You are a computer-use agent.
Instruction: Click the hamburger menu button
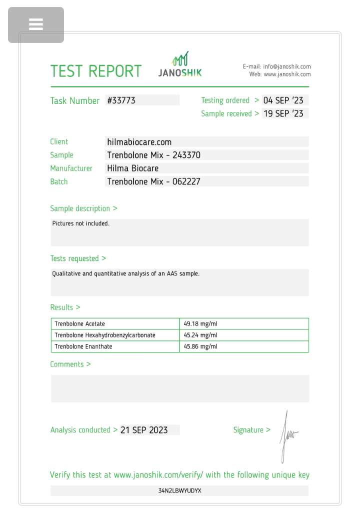(36, 24)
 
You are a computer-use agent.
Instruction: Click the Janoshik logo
(180, 65)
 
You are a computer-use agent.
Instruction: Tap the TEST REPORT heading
(96, 71)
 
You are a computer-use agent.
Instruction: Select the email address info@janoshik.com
(287, 66)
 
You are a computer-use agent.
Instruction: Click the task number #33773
(121, 100)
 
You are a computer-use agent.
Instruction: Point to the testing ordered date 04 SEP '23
(283, 100)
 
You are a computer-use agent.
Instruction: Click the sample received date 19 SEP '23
(283, 113)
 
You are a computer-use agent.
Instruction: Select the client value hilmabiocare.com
(139, 142)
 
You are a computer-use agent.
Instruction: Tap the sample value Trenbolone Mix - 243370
(153, 155)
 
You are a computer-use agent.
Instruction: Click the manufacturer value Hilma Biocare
(133, 168)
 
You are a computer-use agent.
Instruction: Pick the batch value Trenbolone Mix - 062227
(153, 181)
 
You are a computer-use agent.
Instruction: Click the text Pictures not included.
(80, 223)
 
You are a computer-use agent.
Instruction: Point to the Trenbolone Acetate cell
(80, 324)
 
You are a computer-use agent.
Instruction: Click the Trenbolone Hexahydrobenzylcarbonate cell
(105, 335)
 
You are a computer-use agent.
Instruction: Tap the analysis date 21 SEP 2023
(144, 430)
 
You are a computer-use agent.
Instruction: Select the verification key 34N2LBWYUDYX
(179, 491)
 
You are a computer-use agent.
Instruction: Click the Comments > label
(70, 364)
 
